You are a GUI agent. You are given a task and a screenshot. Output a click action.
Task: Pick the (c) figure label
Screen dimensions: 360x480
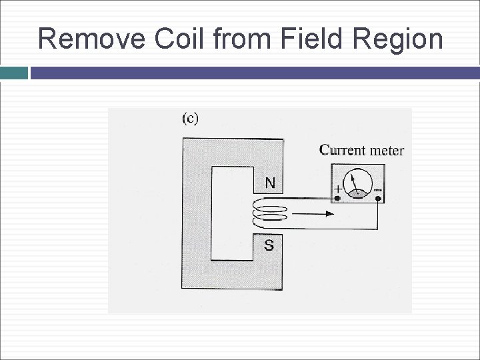tap(190, 119)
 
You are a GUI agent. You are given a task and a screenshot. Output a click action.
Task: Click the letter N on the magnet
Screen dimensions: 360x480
tap(269, 182)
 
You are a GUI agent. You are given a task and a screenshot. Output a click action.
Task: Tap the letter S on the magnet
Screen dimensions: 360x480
tap(269, 245)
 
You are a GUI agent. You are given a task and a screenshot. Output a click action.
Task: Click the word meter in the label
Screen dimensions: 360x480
tap(387, 150)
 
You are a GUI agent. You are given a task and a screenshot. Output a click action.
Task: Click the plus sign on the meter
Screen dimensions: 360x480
tap(338, 189)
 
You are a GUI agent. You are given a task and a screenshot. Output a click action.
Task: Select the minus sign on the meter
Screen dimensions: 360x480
tap(378, 189)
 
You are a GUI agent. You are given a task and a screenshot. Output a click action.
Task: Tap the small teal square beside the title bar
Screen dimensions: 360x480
tap(13, 72)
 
